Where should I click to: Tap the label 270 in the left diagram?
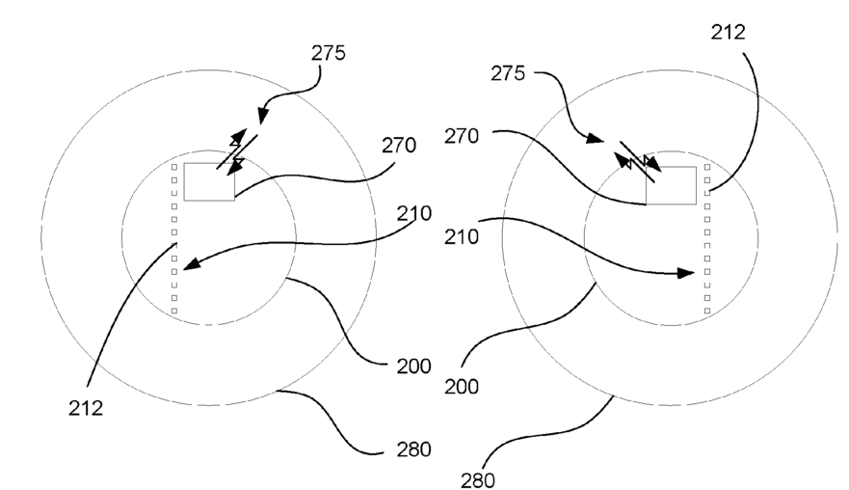[x=399, y=147]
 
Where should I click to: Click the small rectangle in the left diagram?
[x=209, y=181]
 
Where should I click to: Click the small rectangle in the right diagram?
[x=671, y=185]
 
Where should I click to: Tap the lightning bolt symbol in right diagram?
[x=639, y=161]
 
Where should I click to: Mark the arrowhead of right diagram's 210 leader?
[x=687, y=273]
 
